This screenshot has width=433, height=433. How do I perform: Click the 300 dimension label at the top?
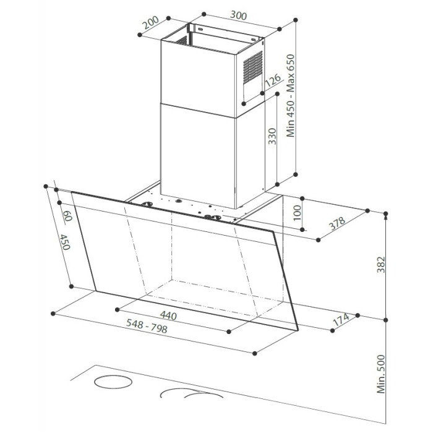[238, 15]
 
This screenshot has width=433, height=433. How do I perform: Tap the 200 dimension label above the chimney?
[151, 22]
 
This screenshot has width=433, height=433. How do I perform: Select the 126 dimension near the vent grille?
[273, 80]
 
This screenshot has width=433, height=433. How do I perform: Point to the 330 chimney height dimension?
[273, 136]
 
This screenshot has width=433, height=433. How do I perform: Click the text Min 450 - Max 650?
[291, 95]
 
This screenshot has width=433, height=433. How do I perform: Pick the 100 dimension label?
[297, 213]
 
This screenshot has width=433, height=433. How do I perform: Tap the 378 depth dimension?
[337, 223]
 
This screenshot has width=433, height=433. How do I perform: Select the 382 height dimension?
[381, 265]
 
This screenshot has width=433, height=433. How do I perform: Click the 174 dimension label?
[341, 319]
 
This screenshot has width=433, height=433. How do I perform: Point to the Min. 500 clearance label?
[381, 374]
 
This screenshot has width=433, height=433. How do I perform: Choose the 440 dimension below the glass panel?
[168, 315]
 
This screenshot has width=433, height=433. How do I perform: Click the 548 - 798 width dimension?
[147, 325]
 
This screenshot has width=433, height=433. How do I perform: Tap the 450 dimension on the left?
[65, 242]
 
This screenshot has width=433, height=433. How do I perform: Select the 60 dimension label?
[67, 216]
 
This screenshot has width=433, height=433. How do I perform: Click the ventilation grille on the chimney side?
[252, 67]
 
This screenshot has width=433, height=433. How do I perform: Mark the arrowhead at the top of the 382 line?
[386, 216]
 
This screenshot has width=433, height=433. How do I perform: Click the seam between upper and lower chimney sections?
[197, 111]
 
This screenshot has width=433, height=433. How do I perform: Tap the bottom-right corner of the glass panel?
[299, 330]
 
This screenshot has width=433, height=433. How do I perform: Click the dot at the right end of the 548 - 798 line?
[255, 353]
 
